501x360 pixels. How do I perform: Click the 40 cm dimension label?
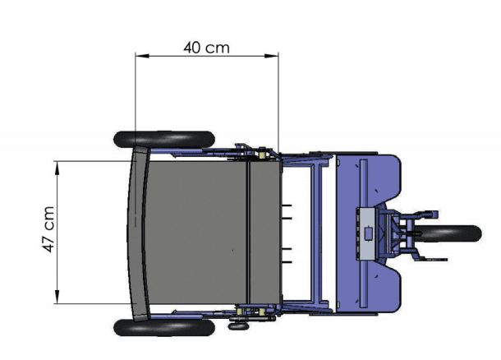tap(206, 47)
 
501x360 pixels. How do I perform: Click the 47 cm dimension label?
tap(49, 233)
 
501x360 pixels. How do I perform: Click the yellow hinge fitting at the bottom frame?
tap(261, 313)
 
